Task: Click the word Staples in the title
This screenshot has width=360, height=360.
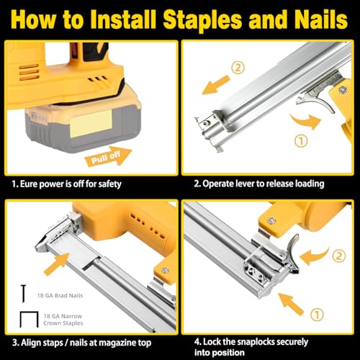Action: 216,19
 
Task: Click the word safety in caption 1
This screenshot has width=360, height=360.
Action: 106,184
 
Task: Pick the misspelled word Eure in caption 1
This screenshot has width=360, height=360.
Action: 29,184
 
